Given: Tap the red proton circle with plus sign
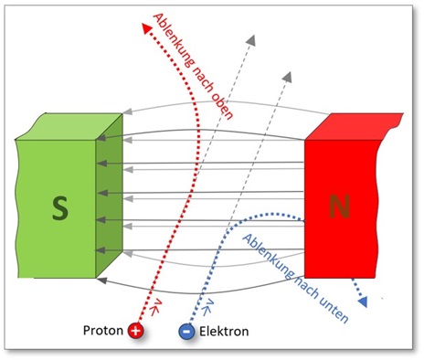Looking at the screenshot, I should click(136, 332).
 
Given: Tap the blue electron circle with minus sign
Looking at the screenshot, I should click(186, 332).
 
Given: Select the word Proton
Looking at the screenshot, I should click(104, 332).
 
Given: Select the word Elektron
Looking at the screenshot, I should click(224, 332).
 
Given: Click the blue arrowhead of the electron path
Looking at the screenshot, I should click(366, 301).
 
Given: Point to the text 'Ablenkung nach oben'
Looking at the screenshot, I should click(195, 64).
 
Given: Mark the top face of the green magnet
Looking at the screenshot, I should click(69, 126).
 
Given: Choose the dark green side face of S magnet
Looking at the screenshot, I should click(108, 196).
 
